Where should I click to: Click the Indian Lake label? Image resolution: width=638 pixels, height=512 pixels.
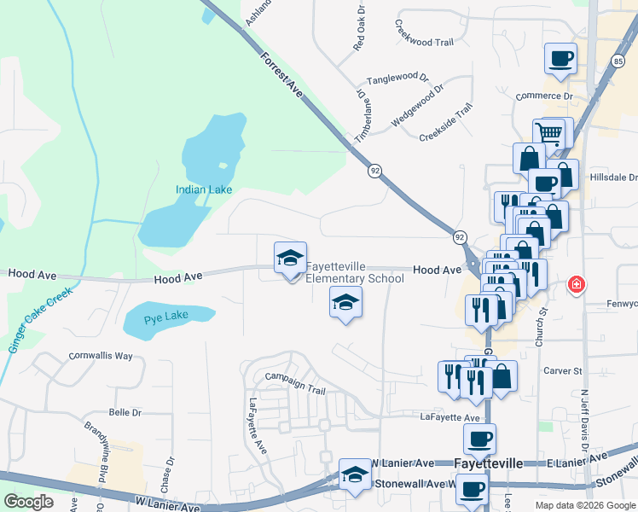(199, 189)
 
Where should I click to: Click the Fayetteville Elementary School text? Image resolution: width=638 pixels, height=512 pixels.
(355, 272)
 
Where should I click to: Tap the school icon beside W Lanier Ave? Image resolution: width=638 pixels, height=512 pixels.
(355, 476)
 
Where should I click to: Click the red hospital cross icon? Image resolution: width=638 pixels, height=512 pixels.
(577, 284)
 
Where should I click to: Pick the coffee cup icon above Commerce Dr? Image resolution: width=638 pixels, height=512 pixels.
(560, 59)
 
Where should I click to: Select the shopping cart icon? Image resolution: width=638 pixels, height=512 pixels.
(550, 133)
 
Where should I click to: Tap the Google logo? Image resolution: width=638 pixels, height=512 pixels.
(28, 502)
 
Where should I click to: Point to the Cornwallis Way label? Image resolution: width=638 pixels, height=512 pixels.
(101, 355)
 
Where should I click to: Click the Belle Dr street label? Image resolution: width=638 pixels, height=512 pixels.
(125, 412)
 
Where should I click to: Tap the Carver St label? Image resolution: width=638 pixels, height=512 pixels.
(562, 371)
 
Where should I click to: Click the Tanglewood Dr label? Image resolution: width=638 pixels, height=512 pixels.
(397, 79)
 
